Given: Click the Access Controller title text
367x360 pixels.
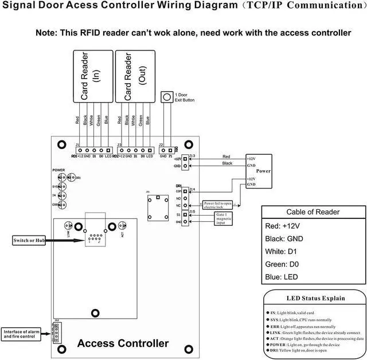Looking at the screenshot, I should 123,343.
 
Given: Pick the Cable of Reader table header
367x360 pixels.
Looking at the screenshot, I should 313,212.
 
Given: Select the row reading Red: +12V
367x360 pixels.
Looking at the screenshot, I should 287,226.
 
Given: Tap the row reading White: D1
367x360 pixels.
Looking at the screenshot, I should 285,251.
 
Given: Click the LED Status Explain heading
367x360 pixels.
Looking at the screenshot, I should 316,298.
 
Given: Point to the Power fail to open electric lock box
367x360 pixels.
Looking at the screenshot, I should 217,204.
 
